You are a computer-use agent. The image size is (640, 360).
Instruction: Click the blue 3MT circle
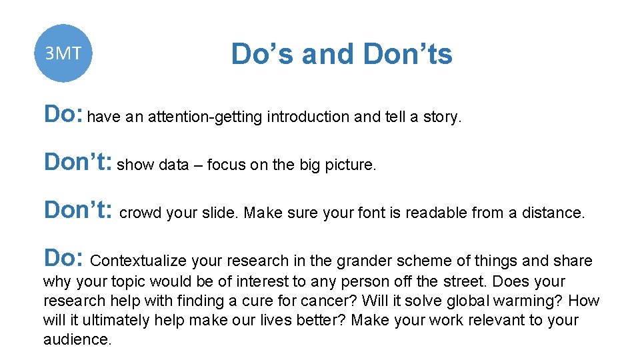(x=63, y=53)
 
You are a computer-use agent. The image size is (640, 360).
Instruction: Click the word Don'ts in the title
(x=408, y=54)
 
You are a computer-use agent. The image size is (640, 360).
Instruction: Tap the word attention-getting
(x=205, y=117)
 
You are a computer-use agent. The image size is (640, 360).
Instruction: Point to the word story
(x=441, y=117)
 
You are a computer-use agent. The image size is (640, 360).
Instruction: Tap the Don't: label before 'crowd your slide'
(x=77, y=210)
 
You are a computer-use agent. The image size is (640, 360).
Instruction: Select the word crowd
(x=140, y=213)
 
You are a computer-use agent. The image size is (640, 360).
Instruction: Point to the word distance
(x=555, y=213)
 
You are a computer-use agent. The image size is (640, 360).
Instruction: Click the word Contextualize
(x=141, y=261)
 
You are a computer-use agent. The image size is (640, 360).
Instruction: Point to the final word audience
(x=77, y=339)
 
